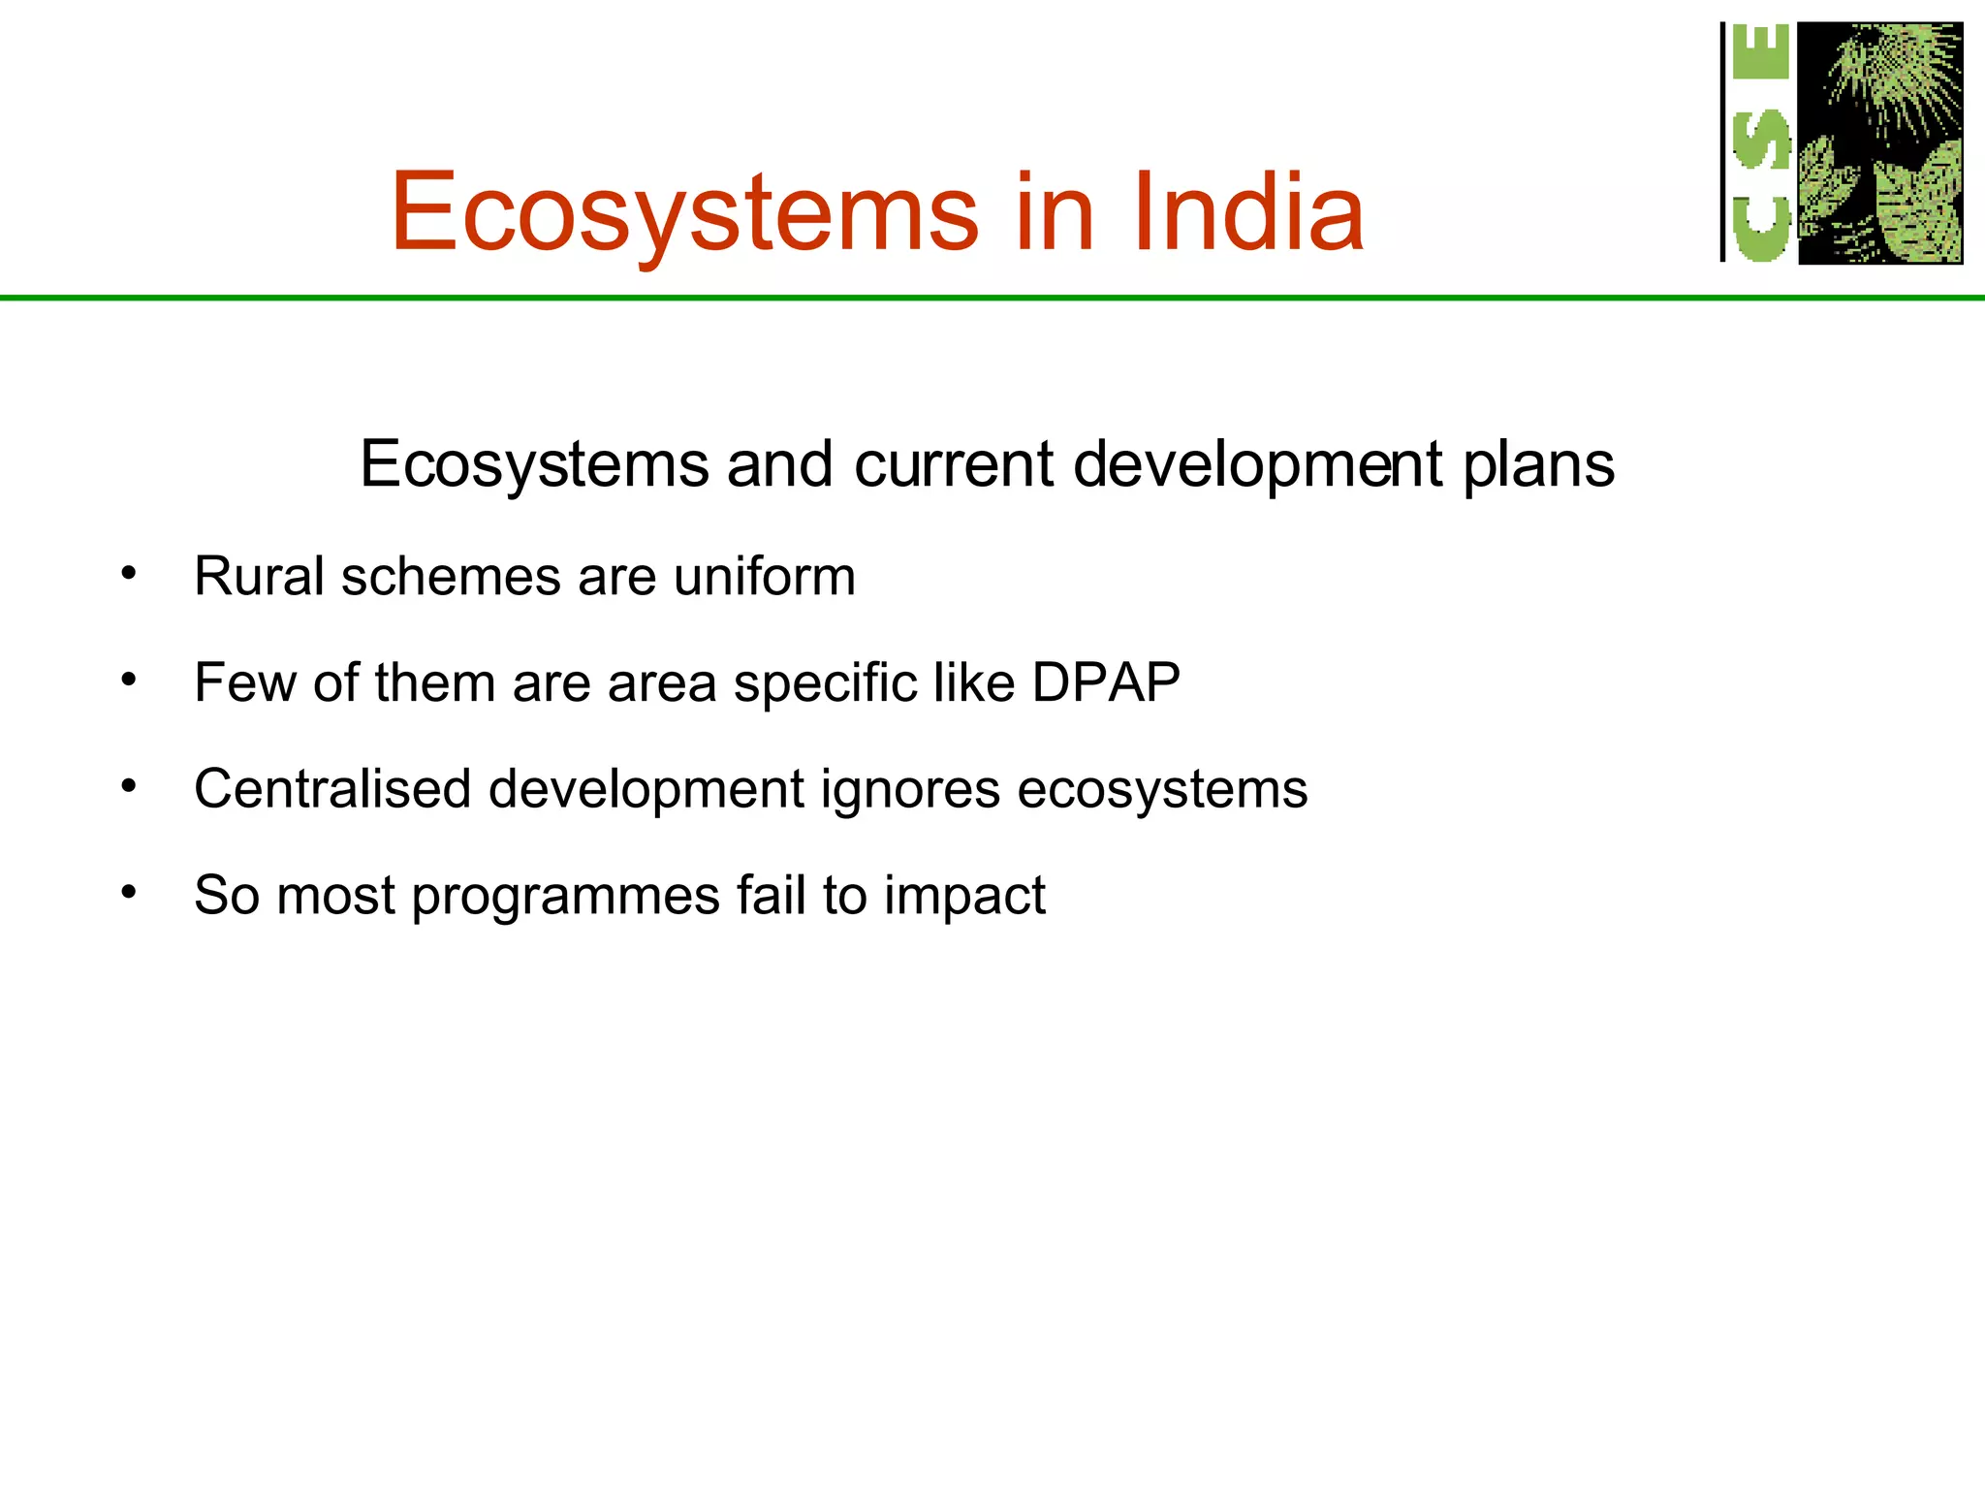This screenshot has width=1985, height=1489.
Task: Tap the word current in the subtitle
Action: (x=953, y=463)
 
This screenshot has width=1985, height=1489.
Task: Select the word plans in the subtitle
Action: (x=1538, y=465)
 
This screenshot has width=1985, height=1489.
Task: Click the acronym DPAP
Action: (x=1106, y=682)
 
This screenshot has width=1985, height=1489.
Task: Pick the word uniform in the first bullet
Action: (x=765, y=576)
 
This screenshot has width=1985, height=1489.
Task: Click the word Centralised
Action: (x=332, y=788)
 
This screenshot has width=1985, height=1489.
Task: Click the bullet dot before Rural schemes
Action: (x=129, y=574)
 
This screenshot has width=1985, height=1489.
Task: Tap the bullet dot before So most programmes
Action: (x=129, y=892)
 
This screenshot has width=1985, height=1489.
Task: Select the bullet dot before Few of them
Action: (x=129, y=680)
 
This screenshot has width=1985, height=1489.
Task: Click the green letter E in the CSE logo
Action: (x=1760, y=53)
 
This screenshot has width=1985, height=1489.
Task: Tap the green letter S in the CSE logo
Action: (x=1761, y=139)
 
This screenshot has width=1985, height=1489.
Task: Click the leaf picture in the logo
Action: (x=1879, y=143)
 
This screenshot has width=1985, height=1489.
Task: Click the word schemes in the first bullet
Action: (x=450, y=576)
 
